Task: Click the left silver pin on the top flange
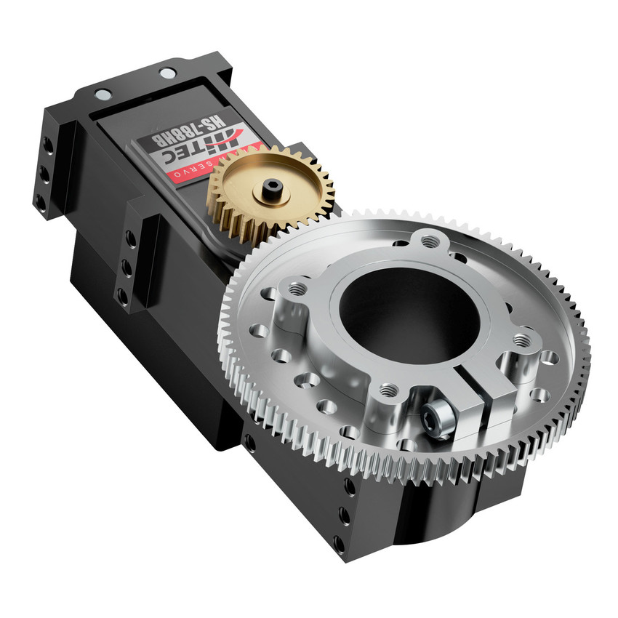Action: pyautogui.click(x=103, y=94)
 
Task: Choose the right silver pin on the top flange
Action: pyautogui.click(x=167, y=73)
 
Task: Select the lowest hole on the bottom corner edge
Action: pyautogui.click(x=338, y=542)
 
